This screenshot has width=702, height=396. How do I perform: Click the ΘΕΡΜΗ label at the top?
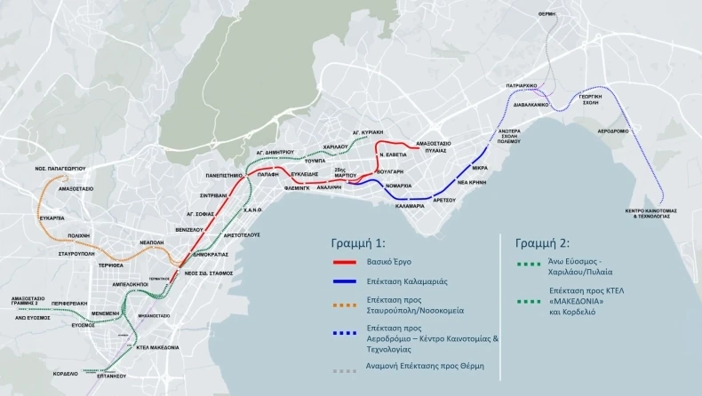(x=546, y=13)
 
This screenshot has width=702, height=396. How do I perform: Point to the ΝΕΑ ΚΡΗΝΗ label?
(x=475, y=179)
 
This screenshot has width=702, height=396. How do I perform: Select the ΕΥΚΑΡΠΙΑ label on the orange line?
(x=52, y=217)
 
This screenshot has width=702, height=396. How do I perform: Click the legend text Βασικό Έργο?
(x=393, y=263)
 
